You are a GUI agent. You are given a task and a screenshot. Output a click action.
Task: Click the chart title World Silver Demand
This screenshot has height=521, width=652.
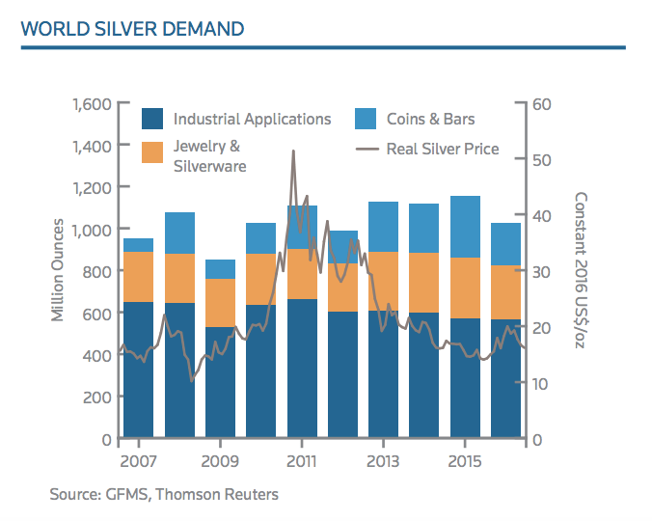[x=132, y=28]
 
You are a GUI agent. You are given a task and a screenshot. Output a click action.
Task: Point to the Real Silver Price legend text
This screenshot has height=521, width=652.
[x=442, y=149]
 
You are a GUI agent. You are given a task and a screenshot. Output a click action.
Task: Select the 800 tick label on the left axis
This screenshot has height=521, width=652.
[x=95, y=271]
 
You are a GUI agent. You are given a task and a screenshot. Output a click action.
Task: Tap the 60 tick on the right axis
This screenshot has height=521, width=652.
[x=540, y=103]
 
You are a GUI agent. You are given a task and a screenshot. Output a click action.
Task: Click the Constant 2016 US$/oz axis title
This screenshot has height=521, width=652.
[x=581, y=271]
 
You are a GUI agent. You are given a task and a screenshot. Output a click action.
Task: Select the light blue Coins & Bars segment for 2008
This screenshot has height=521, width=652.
[x=179, y=233]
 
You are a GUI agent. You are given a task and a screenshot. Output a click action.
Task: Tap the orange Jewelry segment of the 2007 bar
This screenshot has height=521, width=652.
[x=138, y=277]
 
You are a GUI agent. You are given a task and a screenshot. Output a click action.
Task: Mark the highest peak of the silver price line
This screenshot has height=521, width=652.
[x=293, y=151]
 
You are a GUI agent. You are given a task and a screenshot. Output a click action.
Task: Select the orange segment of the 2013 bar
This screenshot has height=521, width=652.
[x=383, y=281]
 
